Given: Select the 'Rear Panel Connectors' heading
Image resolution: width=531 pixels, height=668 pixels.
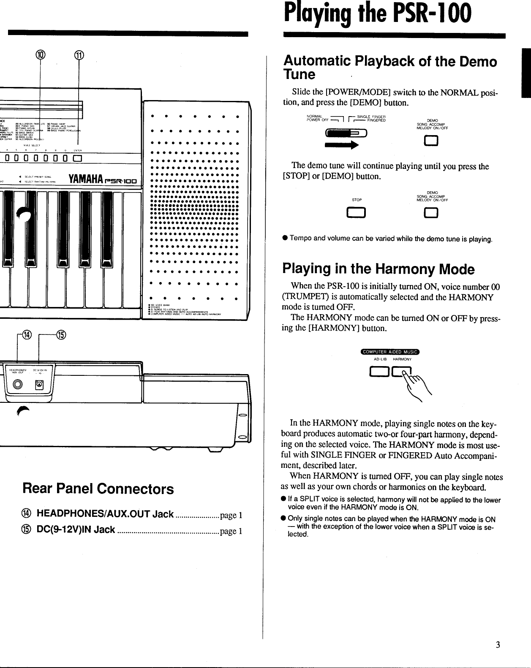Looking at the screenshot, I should click(x=98, y=489).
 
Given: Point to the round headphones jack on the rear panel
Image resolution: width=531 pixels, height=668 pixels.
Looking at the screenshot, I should click(x=18, y=384).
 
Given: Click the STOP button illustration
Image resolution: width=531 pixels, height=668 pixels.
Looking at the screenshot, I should click(x=357, y=215).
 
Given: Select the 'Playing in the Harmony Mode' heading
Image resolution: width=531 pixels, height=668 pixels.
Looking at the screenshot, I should click(x=378, y=269).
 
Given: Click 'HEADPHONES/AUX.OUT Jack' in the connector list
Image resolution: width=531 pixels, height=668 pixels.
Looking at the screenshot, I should click(x=105, y=514).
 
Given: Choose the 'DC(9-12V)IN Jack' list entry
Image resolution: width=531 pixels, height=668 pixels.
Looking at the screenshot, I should click(x=76, y=530).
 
